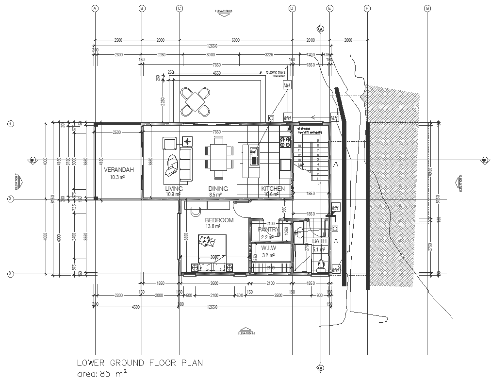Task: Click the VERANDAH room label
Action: [118, 170]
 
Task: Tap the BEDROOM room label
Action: [219, 220]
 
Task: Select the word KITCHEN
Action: [273, 189]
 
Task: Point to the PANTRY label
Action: [268, 230]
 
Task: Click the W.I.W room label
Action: [268, 248]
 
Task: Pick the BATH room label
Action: [320, 241]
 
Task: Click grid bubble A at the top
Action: [96, 8]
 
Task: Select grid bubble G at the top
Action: [427, 8]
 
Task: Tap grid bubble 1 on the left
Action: [10, 124]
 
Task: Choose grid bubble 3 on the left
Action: [10, 275]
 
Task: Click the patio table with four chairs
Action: [196, 101]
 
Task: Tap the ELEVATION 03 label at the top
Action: [224, 11]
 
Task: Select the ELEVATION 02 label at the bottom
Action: [246, 333]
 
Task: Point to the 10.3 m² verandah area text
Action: [118, 178]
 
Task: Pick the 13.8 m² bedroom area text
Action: [213, 226]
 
